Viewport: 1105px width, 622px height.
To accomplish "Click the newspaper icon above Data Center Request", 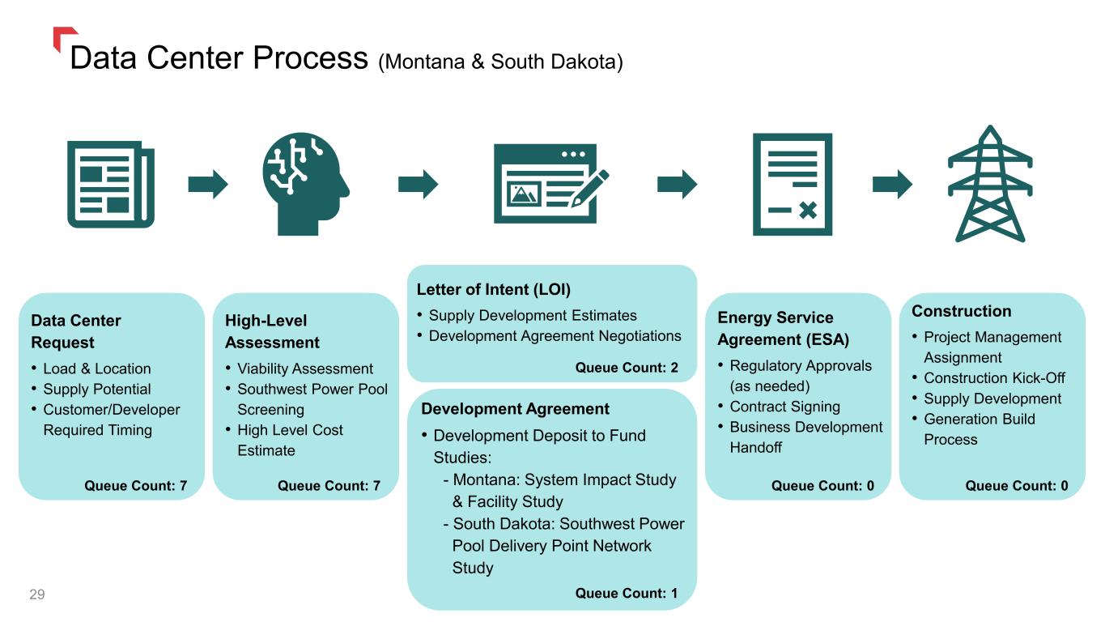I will click(x=111, y=185).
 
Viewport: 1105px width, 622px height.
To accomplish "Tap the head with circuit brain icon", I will click(x=306, y=185).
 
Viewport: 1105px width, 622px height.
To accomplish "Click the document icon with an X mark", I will click(x=792, y=185).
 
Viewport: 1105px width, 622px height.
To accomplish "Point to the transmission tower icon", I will click(x=990, y=185).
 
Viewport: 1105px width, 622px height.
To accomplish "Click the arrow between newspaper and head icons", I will click(x=208, y=185).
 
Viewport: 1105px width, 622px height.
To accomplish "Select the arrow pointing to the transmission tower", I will click(x=892, y=185).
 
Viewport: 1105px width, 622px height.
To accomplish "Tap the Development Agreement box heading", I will click(x=515, y=409).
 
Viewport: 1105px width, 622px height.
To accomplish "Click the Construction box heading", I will click(x=961, y=311).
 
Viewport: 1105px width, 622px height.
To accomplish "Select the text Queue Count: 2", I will click(x=627, y=368).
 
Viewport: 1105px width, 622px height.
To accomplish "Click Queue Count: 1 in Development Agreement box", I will click(x=627, y=594).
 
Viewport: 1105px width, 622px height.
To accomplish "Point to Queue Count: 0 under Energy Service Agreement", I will click(x=822, y=486).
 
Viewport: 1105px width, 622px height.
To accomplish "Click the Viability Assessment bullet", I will click(x=304, y=369).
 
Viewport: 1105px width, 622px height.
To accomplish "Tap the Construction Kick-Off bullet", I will click(x=994, y=378).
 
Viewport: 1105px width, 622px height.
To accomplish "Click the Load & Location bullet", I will click(x=96, y=369).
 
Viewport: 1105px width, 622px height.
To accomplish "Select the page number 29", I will click(x=37, y=595).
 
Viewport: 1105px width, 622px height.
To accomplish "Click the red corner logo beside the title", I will click(x=63, y=36).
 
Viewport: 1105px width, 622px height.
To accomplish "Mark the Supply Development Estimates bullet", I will click(x=533, y=316).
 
